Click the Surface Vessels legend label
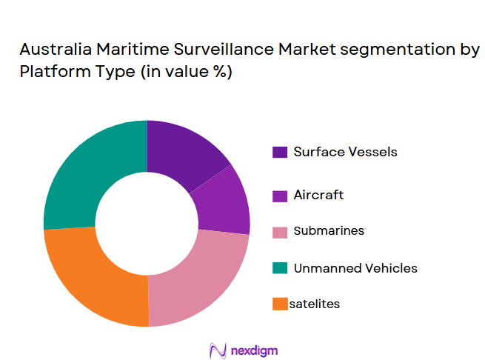tap(345, 152)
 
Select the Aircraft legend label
tap(318, 195)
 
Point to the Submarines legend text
tap(329, 230)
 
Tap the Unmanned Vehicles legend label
tap(355, 267)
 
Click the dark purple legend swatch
tap(280, 153)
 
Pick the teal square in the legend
tap(280, 268)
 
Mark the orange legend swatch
tap(280, 304)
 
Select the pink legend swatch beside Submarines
tap(280, 231)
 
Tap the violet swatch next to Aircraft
tap(280, 196)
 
